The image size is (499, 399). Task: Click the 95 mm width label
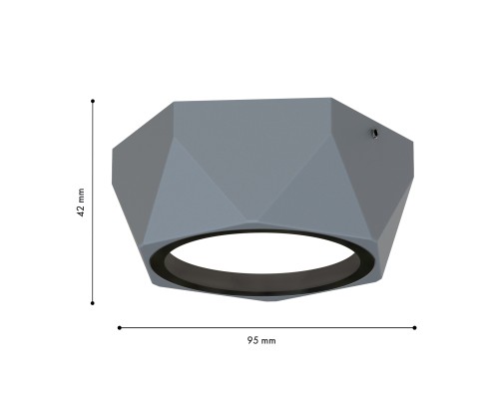[x=261, y=340]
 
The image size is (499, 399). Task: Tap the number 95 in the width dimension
[x=252, y=340]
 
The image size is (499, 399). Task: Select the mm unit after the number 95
[x=268, y=340]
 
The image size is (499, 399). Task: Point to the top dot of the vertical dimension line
[x=93, y=100]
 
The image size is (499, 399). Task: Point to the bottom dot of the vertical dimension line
[x=93, y=302]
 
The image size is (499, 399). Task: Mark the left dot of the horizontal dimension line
[x=119, y=326]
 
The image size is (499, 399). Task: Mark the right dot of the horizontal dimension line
[x=414, y=326]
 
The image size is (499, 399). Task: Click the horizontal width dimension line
[x=266, y=326]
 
